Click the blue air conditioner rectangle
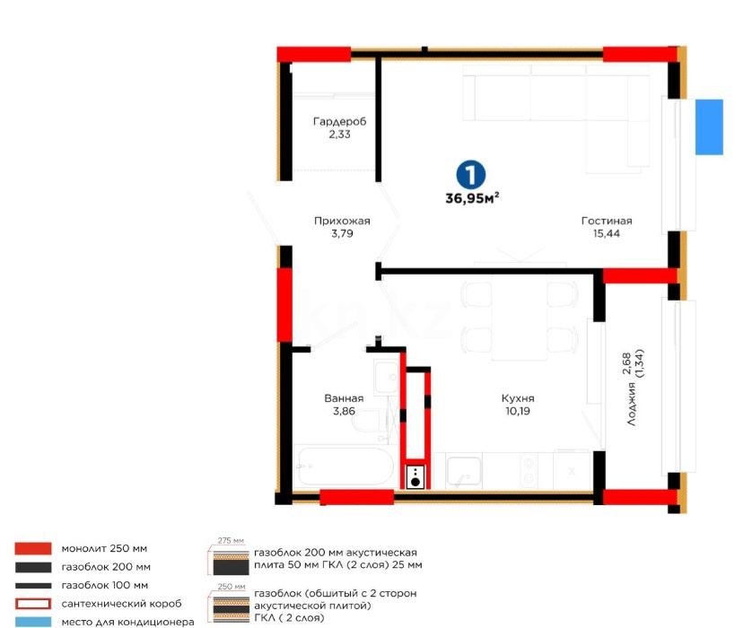pyautogui.click(x=709, y=126)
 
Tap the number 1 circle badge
pyautogui.click(x=468, y=173)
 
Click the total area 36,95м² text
pyautogui.click(x=472, y=199)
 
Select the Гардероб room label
pyautogui.click(x=339, y=121)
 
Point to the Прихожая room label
pyautogui.click(x=342, y=221)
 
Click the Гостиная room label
pyautogui.click(x=607, y=221)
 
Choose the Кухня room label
pyautogui.click(x=519, y=400)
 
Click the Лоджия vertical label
pyautogui.click(x=633, y=403)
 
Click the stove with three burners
pyautogui.click(x=416, y=476)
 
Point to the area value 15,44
pyautogui.click(x=607, y=233)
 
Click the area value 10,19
pyautogui.click(x=519, y=413)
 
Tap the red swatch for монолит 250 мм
pyautogui.click(x=32, y=548)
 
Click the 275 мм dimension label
pyautogui.click(x=232, y=541)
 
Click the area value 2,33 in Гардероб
pyautogui.click(x=339, y=135)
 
